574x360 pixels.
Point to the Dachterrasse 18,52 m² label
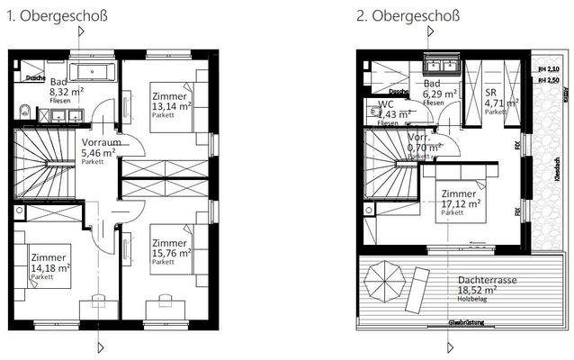coord(486,286)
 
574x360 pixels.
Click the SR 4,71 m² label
coord(496,99)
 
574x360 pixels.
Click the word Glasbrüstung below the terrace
coord(469,322)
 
